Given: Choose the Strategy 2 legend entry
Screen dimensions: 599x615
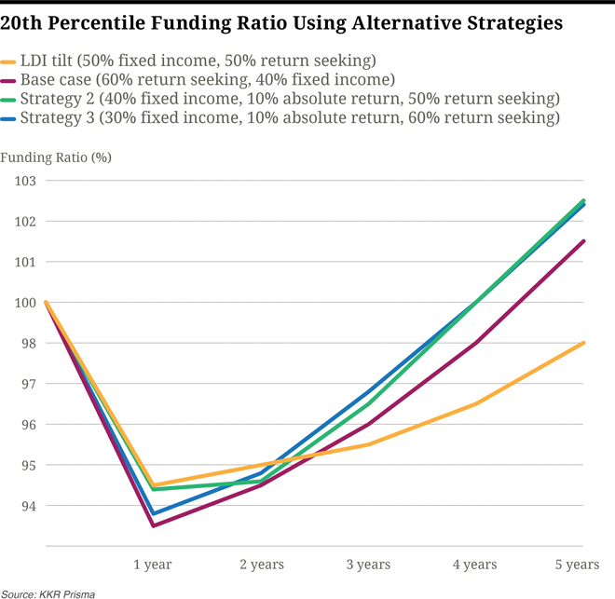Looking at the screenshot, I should click(290, 99).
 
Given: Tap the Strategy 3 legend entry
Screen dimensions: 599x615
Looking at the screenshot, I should click(290, 118).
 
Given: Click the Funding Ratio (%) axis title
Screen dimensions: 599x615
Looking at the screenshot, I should click(56, 157).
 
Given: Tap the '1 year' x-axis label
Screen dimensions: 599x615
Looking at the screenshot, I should click(153, 565).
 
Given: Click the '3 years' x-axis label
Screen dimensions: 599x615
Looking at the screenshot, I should click(368, 565).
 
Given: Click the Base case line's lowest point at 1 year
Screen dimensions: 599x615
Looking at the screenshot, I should click(153, 525).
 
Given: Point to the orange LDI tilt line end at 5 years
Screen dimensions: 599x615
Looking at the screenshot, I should click(583, 343).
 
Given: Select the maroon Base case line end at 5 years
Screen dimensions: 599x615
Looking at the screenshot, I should click(583, 241).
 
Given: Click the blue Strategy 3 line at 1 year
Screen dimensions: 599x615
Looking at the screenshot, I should click(153, 513).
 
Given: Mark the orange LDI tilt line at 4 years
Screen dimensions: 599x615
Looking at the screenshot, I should click(476, 403).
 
